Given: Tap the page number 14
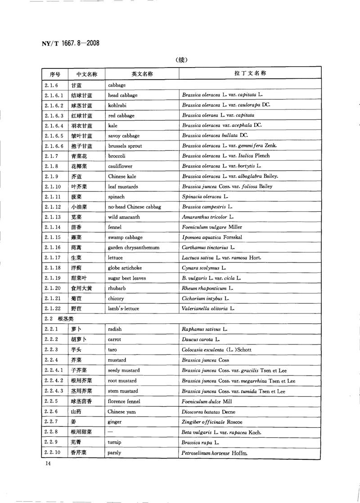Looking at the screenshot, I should tap(47, 463).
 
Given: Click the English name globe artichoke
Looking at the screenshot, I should tap(125, 268).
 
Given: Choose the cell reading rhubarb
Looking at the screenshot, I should tap(117, 288).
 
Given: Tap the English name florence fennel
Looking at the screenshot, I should tap(124, 401).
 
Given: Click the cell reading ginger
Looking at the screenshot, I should tap(115, 422).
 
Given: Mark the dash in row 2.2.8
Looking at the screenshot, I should tap(111, 432).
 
